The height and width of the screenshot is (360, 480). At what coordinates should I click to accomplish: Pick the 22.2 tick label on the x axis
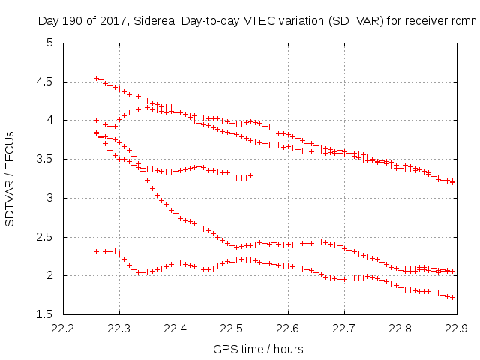click(x=62, y=328)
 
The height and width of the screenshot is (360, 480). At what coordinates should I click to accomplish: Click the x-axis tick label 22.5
click(x=232, y=328)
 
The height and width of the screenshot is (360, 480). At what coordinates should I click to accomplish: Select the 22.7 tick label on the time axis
click(x=344, y=328)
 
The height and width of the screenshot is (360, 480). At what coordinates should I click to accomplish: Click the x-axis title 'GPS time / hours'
click(x=259, y=349)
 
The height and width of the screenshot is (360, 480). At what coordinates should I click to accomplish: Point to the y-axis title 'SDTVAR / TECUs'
click(x=10, y=178)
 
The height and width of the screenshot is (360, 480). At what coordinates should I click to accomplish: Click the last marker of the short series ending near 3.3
click(x=250, y=175)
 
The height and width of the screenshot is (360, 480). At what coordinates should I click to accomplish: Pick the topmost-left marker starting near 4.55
click(x=96, y=78)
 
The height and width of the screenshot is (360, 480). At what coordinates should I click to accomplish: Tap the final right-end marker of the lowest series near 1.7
click(x=453, y=297)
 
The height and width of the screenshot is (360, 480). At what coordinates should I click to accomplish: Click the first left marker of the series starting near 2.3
click(x=96, y=251)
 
